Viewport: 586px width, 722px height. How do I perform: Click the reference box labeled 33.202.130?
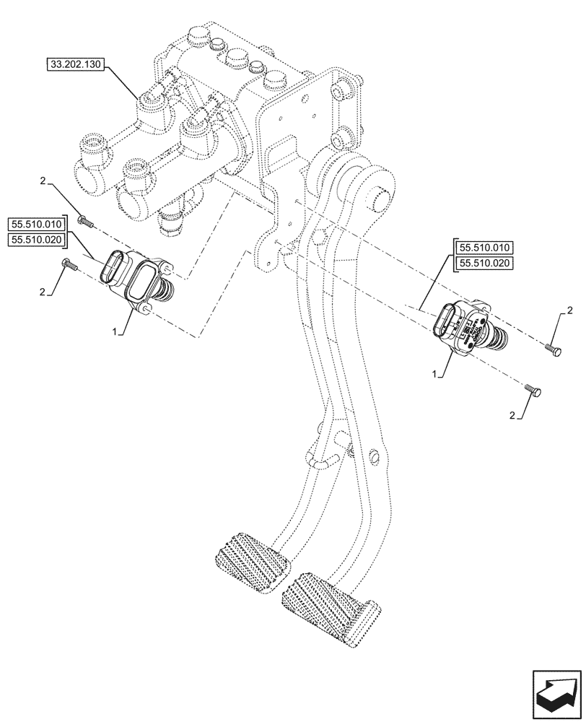point(76,65)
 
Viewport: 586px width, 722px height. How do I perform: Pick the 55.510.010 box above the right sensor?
point(484,248)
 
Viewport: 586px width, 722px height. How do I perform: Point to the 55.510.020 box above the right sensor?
point(484,264)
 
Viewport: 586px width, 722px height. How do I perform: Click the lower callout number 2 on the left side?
point(43,292)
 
